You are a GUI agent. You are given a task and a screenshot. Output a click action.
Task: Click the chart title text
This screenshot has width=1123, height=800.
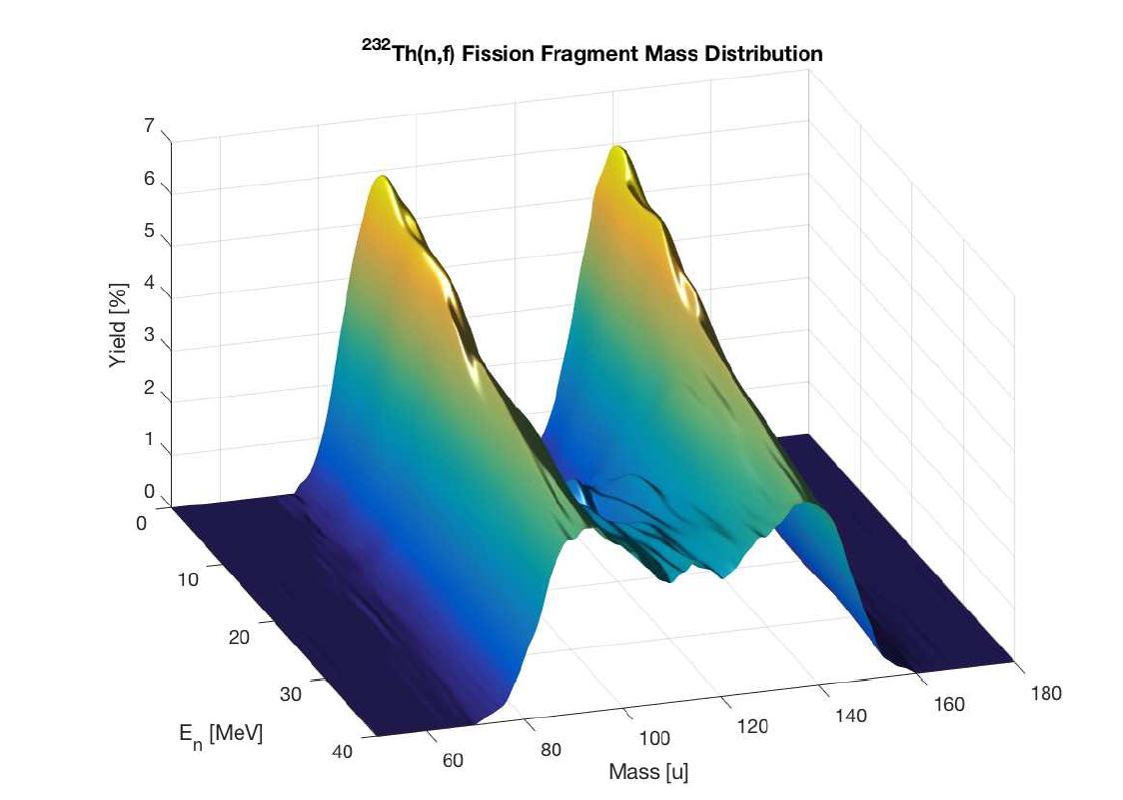(591, 54)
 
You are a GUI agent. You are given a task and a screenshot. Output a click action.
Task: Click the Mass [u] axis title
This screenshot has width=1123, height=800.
(648, 771)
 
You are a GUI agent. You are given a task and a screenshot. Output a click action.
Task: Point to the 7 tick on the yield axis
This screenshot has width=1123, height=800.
(150, 127)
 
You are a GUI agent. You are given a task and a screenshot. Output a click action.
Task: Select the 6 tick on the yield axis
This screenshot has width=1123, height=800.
(150, 179)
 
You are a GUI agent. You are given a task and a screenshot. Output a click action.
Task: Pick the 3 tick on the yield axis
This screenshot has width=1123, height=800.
(150, 336)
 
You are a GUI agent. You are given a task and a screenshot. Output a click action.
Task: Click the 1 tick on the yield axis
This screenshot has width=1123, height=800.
(150, 439)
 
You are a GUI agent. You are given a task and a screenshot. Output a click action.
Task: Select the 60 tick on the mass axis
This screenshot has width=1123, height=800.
(453, 760)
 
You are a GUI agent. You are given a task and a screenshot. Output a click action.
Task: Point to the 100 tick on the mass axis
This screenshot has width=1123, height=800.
(653, 738)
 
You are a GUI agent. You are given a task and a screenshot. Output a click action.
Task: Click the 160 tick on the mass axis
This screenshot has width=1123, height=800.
(949, 704)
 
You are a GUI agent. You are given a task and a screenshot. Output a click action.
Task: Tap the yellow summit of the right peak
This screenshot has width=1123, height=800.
(619, 154)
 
